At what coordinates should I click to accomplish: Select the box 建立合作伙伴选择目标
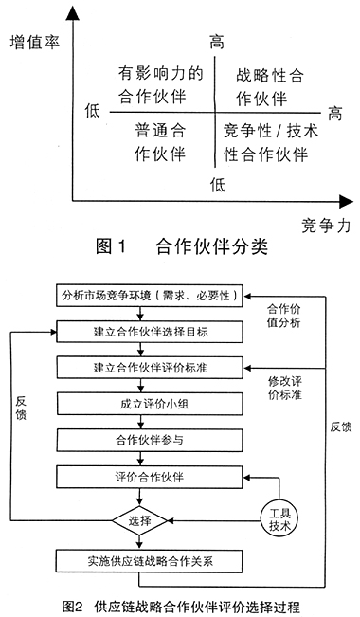[149, 331]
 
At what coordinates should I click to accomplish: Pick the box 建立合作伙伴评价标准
[149, 367]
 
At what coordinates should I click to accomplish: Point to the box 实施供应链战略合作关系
[149, 559]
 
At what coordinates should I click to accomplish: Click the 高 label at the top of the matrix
[216, 42]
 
